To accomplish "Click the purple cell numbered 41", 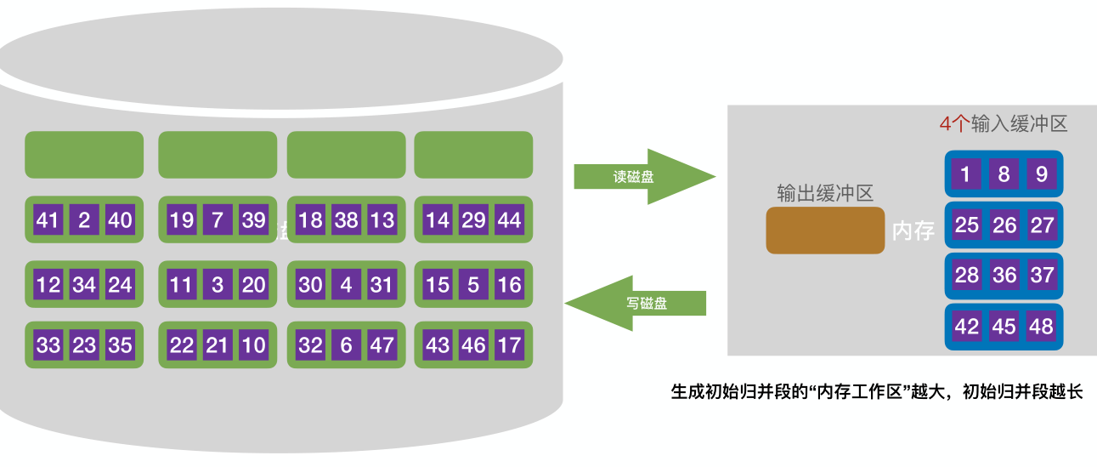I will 48,220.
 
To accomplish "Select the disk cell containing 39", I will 253,220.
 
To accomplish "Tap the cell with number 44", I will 509,220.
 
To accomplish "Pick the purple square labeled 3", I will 218,284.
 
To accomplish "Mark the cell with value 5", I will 473,284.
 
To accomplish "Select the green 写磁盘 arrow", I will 637,302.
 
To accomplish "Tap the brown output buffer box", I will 824,231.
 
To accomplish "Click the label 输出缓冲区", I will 824,193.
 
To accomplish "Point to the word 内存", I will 913,231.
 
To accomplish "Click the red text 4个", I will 953,124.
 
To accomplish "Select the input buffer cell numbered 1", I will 966,174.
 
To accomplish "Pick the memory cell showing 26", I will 1004,225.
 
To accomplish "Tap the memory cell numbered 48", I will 1041,327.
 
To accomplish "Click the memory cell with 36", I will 1004,276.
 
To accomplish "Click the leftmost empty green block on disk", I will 84,155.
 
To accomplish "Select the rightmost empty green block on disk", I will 473,155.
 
